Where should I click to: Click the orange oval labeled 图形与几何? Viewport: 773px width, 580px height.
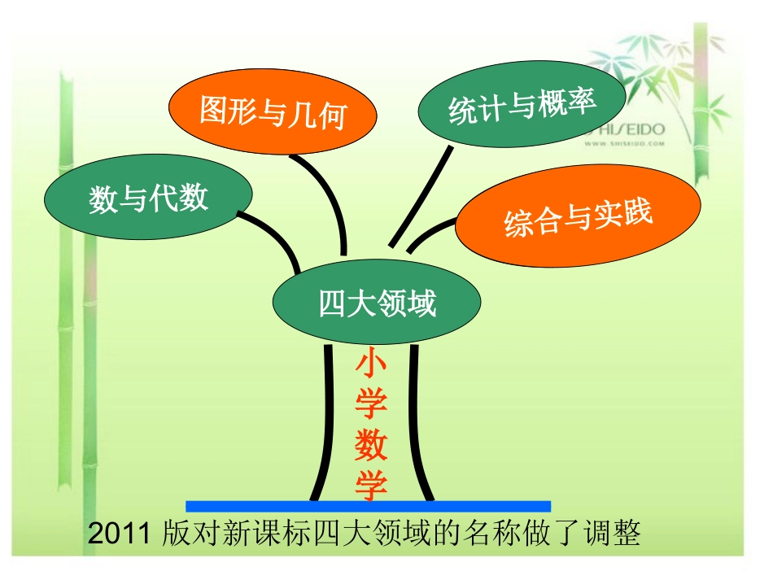pyautogui.click(x=273, y=112)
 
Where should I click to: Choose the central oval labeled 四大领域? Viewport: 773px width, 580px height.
pyautogui.click(x=377, y=303)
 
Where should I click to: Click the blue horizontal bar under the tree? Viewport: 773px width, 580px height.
pyautogui.click(x=368, y=506)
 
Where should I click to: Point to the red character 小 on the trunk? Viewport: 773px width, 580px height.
pyautogui.click(x=370, y=364)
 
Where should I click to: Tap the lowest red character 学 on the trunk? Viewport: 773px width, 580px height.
pyautogui.click(x=370, y=486)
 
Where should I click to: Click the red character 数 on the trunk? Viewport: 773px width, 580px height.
pyautogui.click(x=370, y=445)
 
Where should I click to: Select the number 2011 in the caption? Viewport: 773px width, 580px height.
pyautogui.click(x=116, y=534)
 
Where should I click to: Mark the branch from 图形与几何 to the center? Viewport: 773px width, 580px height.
pyautogui.click(x=330, y=199)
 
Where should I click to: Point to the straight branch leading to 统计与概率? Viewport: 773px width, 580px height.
pyautogui.click(x=421, y=195)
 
